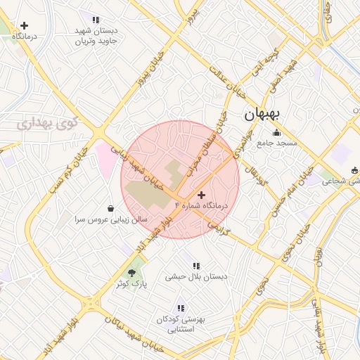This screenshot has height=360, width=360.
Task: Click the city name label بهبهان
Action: [x=262, y=114]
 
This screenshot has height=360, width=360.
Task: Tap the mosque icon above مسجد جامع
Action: [x=276, y=132]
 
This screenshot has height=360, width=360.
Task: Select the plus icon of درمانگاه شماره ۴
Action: [x=202, y=195]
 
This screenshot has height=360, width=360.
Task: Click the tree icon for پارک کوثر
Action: [x=131, y=272]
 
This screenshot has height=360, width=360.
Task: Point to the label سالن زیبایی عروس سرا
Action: [x=112, y=219]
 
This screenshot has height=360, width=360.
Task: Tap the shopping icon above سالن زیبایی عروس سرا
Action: [x=111, y=208]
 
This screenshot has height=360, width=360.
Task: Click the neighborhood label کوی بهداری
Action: [x=49, y=124]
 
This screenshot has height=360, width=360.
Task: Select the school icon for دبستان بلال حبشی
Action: [x=196, y=266]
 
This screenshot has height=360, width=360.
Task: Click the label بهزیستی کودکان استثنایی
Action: [x=181, y=324]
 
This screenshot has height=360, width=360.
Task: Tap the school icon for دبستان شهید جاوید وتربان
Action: [x=96, y=20]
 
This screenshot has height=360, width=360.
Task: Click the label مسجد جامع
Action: [x=277, y=143]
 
